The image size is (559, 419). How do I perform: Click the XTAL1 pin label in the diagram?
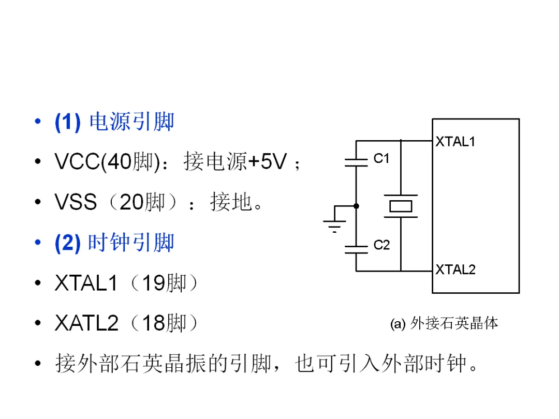click(455, 142)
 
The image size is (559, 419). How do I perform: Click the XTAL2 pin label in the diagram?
click(455, 269)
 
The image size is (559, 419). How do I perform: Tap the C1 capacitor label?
click(381, 159)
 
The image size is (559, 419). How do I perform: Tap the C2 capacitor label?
click(381, 245)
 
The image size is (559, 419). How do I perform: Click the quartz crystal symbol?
click(401, 206)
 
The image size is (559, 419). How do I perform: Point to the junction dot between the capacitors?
click(356, 206)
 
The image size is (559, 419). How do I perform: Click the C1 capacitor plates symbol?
click(356, 162)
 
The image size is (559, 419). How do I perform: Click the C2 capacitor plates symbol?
click(356, 249)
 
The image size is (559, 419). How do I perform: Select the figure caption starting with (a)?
click(444, 324)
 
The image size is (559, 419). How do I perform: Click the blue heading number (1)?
click(68, 123)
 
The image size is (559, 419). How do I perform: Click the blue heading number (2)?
click(68, 243)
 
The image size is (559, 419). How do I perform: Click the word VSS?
click(76, 203)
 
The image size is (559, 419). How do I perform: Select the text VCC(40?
click(93, 162)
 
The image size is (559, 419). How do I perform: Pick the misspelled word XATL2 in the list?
click(86, 324)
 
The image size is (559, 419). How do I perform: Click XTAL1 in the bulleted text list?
click(86, 283)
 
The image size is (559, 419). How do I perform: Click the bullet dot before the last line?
click(37, 364)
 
